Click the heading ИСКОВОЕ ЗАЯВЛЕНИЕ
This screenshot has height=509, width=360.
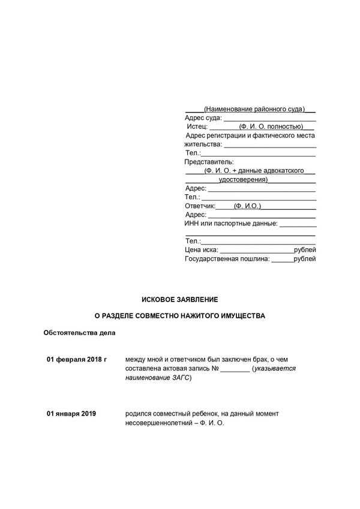[179, 298]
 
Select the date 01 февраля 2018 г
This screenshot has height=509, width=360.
[76, 359]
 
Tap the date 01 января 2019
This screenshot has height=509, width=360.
[71, 414]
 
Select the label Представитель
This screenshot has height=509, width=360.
[208, 162]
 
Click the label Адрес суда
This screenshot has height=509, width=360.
[203, 118]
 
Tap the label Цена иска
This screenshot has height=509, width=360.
[201, 249]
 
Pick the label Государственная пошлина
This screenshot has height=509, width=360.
[227, 259]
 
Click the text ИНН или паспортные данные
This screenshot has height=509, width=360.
[231, 224]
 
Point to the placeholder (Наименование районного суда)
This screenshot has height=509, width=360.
[254, 109]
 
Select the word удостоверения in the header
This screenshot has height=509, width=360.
[243, 179]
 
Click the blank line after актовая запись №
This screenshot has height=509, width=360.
[235, 369]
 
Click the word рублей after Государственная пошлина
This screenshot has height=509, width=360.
[305, 259]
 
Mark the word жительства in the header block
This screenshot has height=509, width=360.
[202, 144]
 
